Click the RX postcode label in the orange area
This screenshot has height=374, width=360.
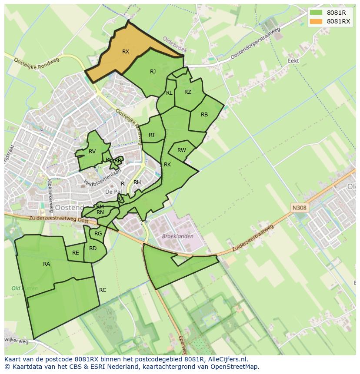126,52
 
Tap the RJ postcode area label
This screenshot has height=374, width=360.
153,72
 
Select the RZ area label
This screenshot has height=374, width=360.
188,92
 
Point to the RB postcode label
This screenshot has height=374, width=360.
204,115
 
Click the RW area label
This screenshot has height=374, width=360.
182,150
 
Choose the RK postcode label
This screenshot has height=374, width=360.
167,165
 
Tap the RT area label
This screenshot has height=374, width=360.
152,135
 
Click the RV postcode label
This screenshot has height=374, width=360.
92,152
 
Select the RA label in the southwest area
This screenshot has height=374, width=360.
47,264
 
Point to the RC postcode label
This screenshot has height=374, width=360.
103,290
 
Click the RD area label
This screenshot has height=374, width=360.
93,248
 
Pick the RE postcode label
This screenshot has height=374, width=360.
76,253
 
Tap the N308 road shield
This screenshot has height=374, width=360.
299,208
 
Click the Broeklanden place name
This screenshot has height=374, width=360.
177,236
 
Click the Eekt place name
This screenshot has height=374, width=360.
293,61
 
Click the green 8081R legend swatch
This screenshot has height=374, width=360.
316,13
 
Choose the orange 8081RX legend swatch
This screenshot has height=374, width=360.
316,21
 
